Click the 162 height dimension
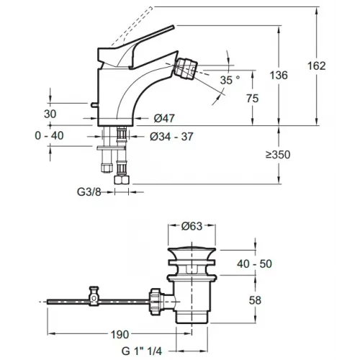tap(317, 66)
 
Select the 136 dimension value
tap(279, 76)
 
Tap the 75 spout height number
tap(252, 99)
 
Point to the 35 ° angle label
tap(230, 80)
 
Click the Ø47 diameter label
tap(164, 118)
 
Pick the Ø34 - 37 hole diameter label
tap(171, 137)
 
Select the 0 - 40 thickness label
tap(49, 136)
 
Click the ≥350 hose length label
tap(278, 155)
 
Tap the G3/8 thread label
tap(89, 192)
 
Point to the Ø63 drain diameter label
tap(192, 226)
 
